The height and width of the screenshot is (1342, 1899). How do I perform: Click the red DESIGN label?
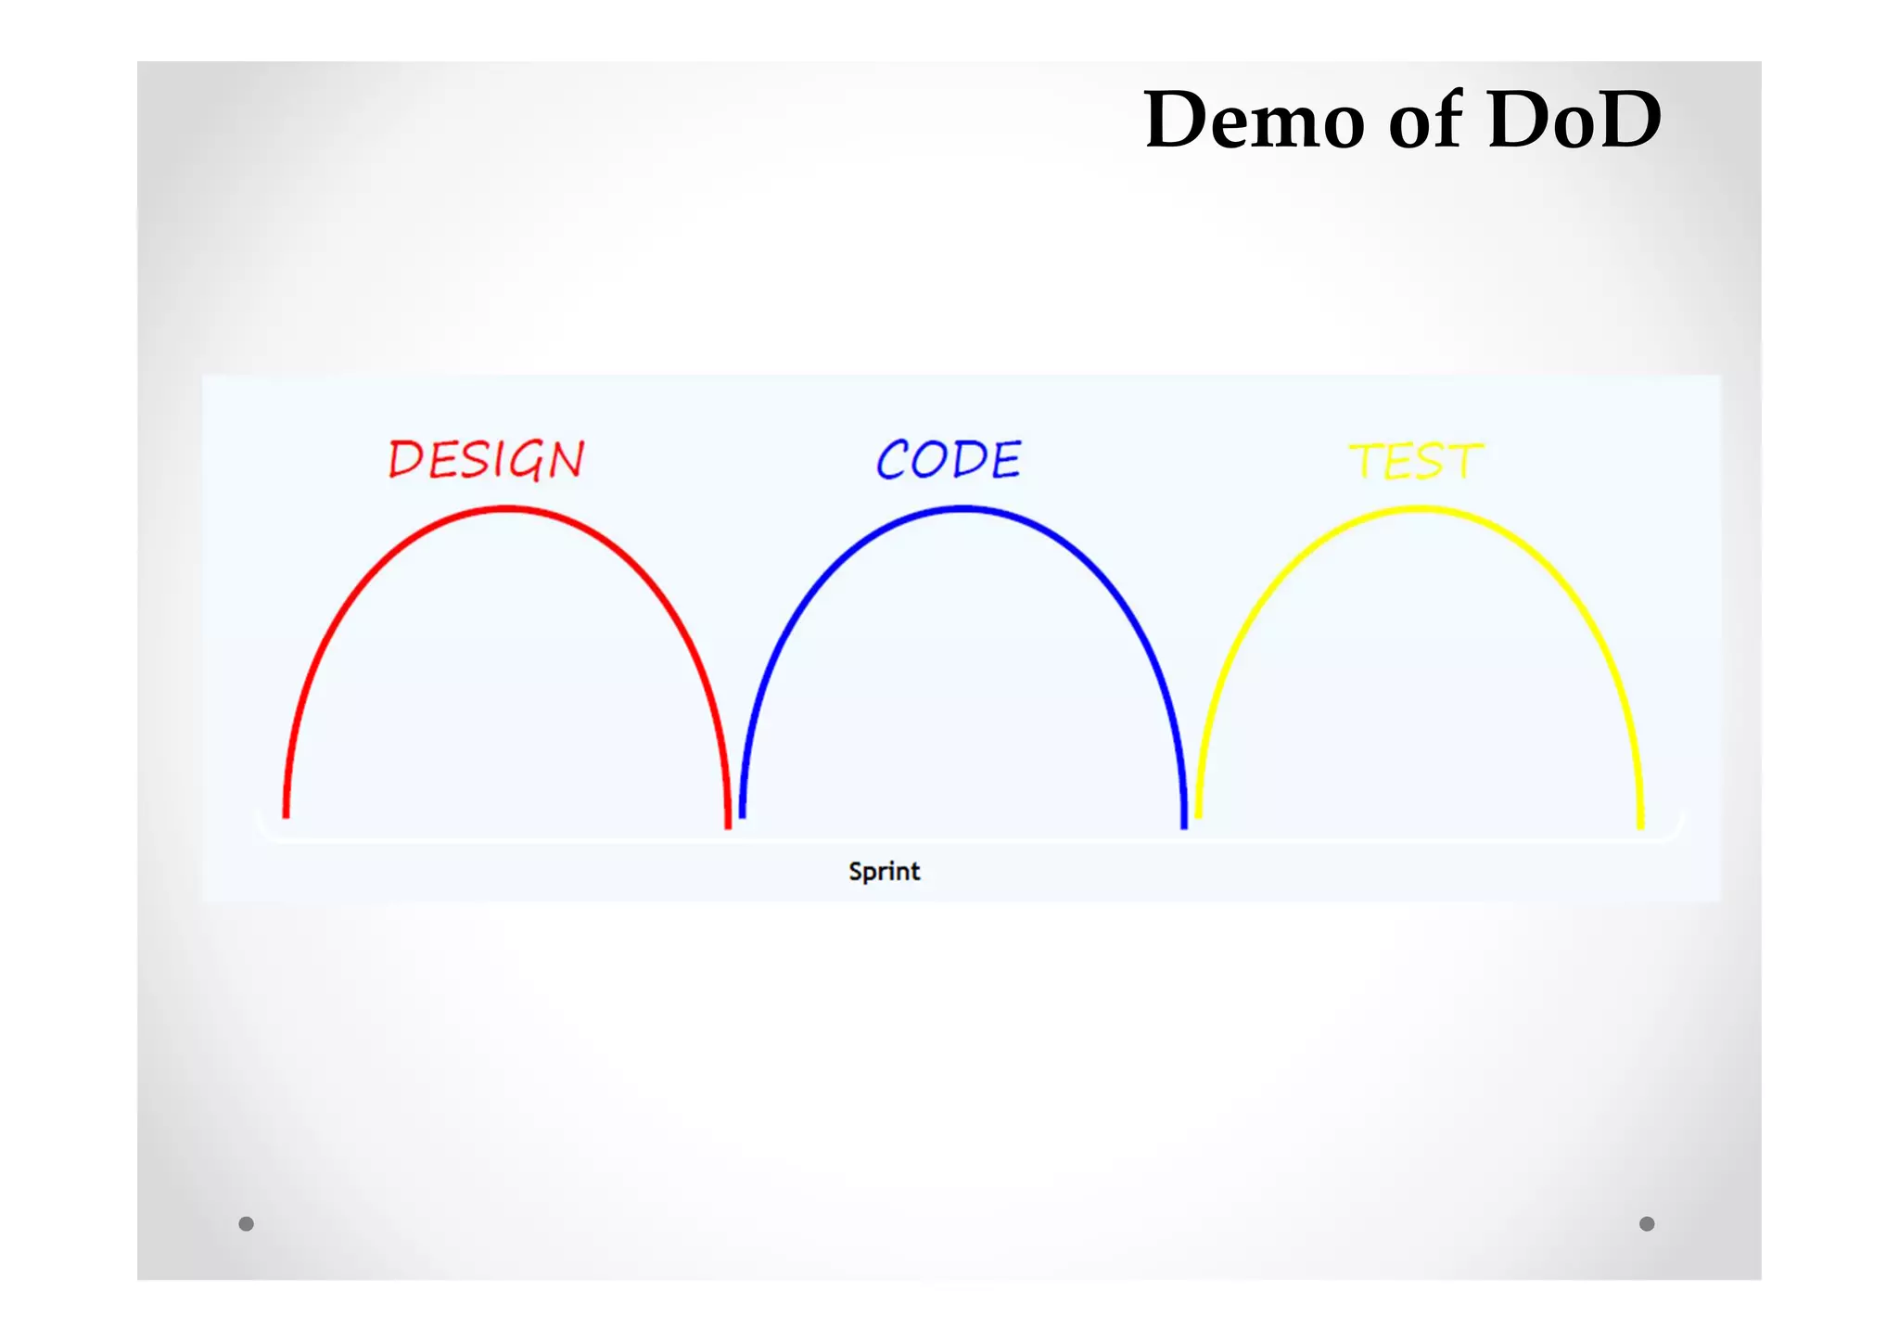(x=486, y=460)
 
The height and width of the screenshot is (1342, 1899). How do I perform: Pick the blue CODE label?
(x=949, y=460)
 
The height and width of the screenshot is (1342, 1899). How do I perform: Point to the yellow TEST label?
(x=1416, y=461)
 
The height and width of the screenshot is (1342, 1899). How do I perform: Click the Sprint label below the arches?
(x=884, y=871)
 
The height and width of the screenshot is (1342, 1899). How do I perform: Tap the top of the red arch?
(x=506, y=509)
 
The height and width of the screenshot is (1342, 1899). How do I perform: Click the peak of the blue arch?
(x=962, y=509)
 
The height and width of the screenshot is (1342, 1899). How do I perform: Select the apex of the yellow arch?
(x=1419, y=509)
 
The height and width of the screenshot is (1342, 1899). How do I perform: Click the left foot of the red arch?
(x=287, y=812)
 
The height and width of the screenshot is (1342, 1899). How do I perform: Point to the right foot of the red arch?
(x=728, y=822)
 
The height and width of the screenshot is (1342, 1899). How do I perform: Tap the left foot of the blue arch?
(x=742, y=812)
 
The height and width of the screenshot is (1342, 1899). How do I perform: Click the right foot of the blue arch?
(x=1183, y=822)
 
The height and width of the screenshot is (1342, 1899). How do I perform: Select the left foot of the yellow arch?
(x=1198, y=812)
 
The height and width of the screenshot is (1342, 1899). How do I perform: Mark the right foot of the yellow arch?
(x=1640, y=822)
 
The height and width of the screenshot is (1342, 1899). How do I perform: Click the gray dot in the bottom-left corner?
(x=246, y=1223)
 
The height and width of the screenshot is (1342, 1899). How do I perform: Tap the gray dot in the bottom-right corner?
(x=1647, y=1223)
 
